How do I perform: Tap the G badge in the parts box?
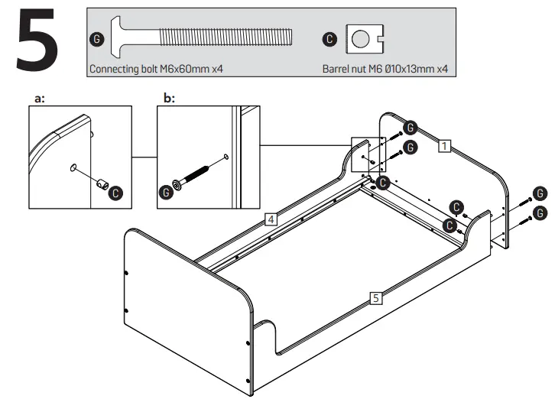click(x=96, y=38)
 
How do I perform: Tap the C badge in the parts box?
click(x=329, y=38)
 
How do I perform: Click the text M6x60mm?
click(x=183, y=68)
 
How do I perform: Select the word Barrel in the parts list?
click(x=336, y=68)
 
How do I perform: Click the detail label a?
click(x=41, y=98)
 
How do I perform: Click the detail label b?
click(x=170, y=98)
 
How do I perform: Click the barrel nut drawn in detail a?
click(x=99, y=184)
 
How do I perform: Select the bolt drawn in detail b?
click(x=194, y=174)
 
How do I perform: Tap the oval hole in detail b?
click(x=226, y=157)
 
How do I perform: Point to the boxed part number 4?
click(x=271, y=220)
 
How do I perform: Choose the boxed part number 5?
click(x=375, y=298)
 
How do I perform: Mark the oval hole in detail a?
click(x=73, y=167)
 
